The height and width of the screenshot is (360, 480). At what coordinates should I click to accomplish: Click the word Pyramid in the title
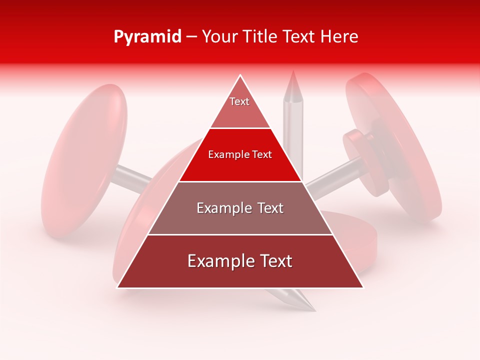click(147, 36)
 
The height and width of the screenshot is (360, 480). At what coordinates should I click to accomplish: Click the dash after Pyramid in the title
click(191, 37)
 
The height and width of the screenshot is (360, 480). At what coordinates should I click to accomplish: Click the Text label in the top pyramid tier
click(239, 101)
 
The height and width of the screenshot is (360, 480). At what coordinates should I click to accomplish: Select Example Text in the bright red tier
click(240, 154)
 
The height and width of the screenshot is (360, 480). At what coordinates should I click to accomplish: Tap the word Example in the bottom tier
click(218, 261)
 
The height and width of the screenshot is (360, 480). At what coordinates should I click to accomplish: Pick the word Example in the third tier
click(222, 208)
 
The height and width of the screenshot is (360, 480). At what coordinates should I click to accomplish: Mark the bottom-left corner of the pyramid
click(117, 287)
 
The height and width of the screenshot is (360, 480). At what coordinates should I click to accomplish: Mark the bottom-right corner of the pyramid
click(363, 287)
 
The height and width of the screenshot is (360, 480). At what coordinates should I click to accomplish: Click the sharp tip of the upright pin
click(293, 71)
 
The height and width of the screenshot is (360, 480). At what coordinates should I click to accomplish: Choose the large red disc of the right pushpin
click(400, 145)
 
